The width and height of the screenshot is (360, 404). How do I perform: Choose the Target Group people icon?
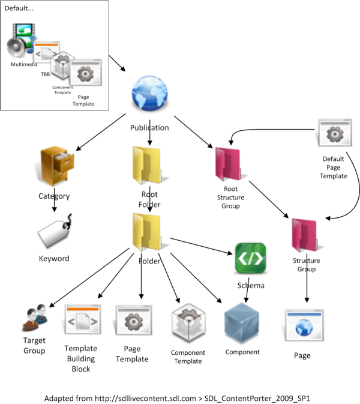click(x=34, y=322)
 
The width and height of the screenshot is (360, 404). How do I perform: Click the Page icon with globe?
click(x=302, y=325)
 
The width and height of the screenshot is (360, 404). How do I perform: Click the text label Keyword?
click(x=54, y=259)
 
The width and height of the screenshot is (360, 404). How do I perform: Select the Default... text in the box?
click(x=19, y=9)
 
